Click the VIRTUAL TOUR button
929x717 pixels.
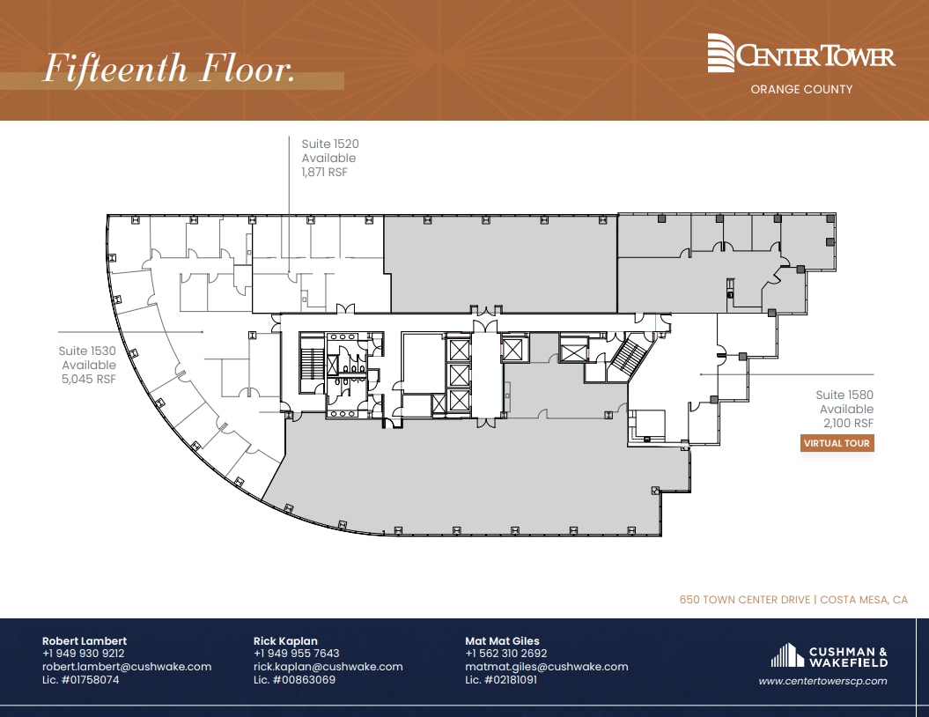coord(837,443)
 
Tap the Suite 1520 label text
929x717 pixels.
coord(330,144)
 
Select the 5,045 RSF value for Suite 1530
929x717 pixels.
coord(87,379)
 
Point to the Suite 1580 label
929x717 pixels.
coord(844,395)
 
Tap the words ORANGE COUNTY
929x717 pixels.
coord(800,89)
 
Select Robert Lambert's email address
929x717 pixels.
coord(127,667)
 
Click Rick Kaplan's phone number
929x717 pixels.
coord(296,654)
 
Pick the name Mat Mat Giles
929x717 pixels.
coord(502,640)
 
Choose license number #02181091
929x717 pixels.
coord(501,680)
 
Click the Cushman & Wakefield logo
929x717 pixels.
coord(829,656)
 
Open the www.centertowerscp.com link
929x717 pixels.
coord(822,681)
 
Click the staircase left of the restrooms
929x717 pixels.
coord(311,362)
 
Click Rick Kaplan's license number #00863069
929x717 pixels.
coord(294,680)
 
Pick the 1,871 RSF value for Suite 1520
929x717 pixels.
coord(325,173)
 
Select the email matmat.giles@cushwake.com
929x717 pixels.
coord(546,667)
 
